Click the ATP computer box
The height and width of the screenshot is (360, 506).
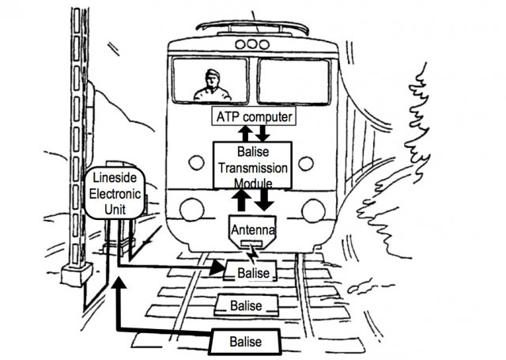(254, 116)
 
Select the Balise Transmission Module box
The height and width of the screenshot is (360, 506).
(252, 165)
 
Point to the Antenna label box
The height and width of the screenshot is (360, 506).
(251, 229)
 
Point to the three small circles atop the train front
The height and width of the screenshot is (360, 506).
(252, 46)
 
